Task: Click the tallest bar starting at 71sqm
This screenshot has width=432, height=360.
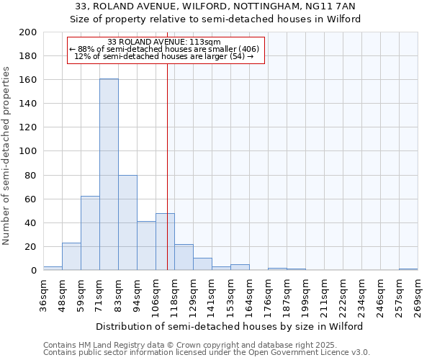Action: click(x=109, y=174)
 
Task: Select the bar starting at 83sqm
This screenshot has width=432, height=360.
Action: click(x=127, y=222)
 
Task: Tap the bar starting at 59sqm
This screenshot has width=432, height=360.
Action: click(x=90, y=233)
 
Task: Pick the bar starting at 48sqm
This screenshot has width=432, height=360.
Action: click(x=71, y=256)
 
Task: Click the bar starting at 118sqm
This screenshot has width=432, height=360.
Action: click(x=184, y=257)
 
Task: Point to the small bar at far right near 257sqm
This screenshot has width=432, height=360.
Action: click(x=408, y=269)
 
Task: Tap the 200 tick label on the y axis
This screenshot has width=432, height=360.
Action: click(x=28, y=32)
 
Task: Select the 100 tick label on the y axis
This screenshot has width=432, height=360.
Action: click(x=28, y=151)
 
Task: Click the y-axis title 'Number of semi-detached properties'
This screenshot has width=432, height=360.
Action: click(x=6, y=156)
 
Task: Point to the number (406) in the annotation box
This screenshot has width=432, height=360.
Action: click(x=248, y=49)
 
